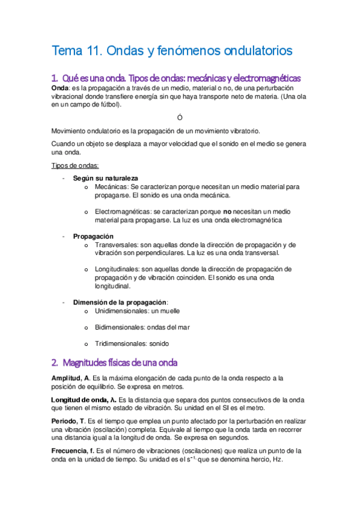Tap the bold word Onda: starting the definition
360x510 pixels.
click(x=61, y=88)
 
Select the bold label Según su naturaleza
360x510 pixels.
click(x=105, y=179)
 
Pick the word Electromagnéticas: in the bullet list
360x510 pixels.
click(x=123, y=212)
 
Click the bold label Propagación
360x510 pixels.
click(x=93, y=236)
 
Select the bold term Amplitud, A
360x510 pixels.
click(x=71, y=378)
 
